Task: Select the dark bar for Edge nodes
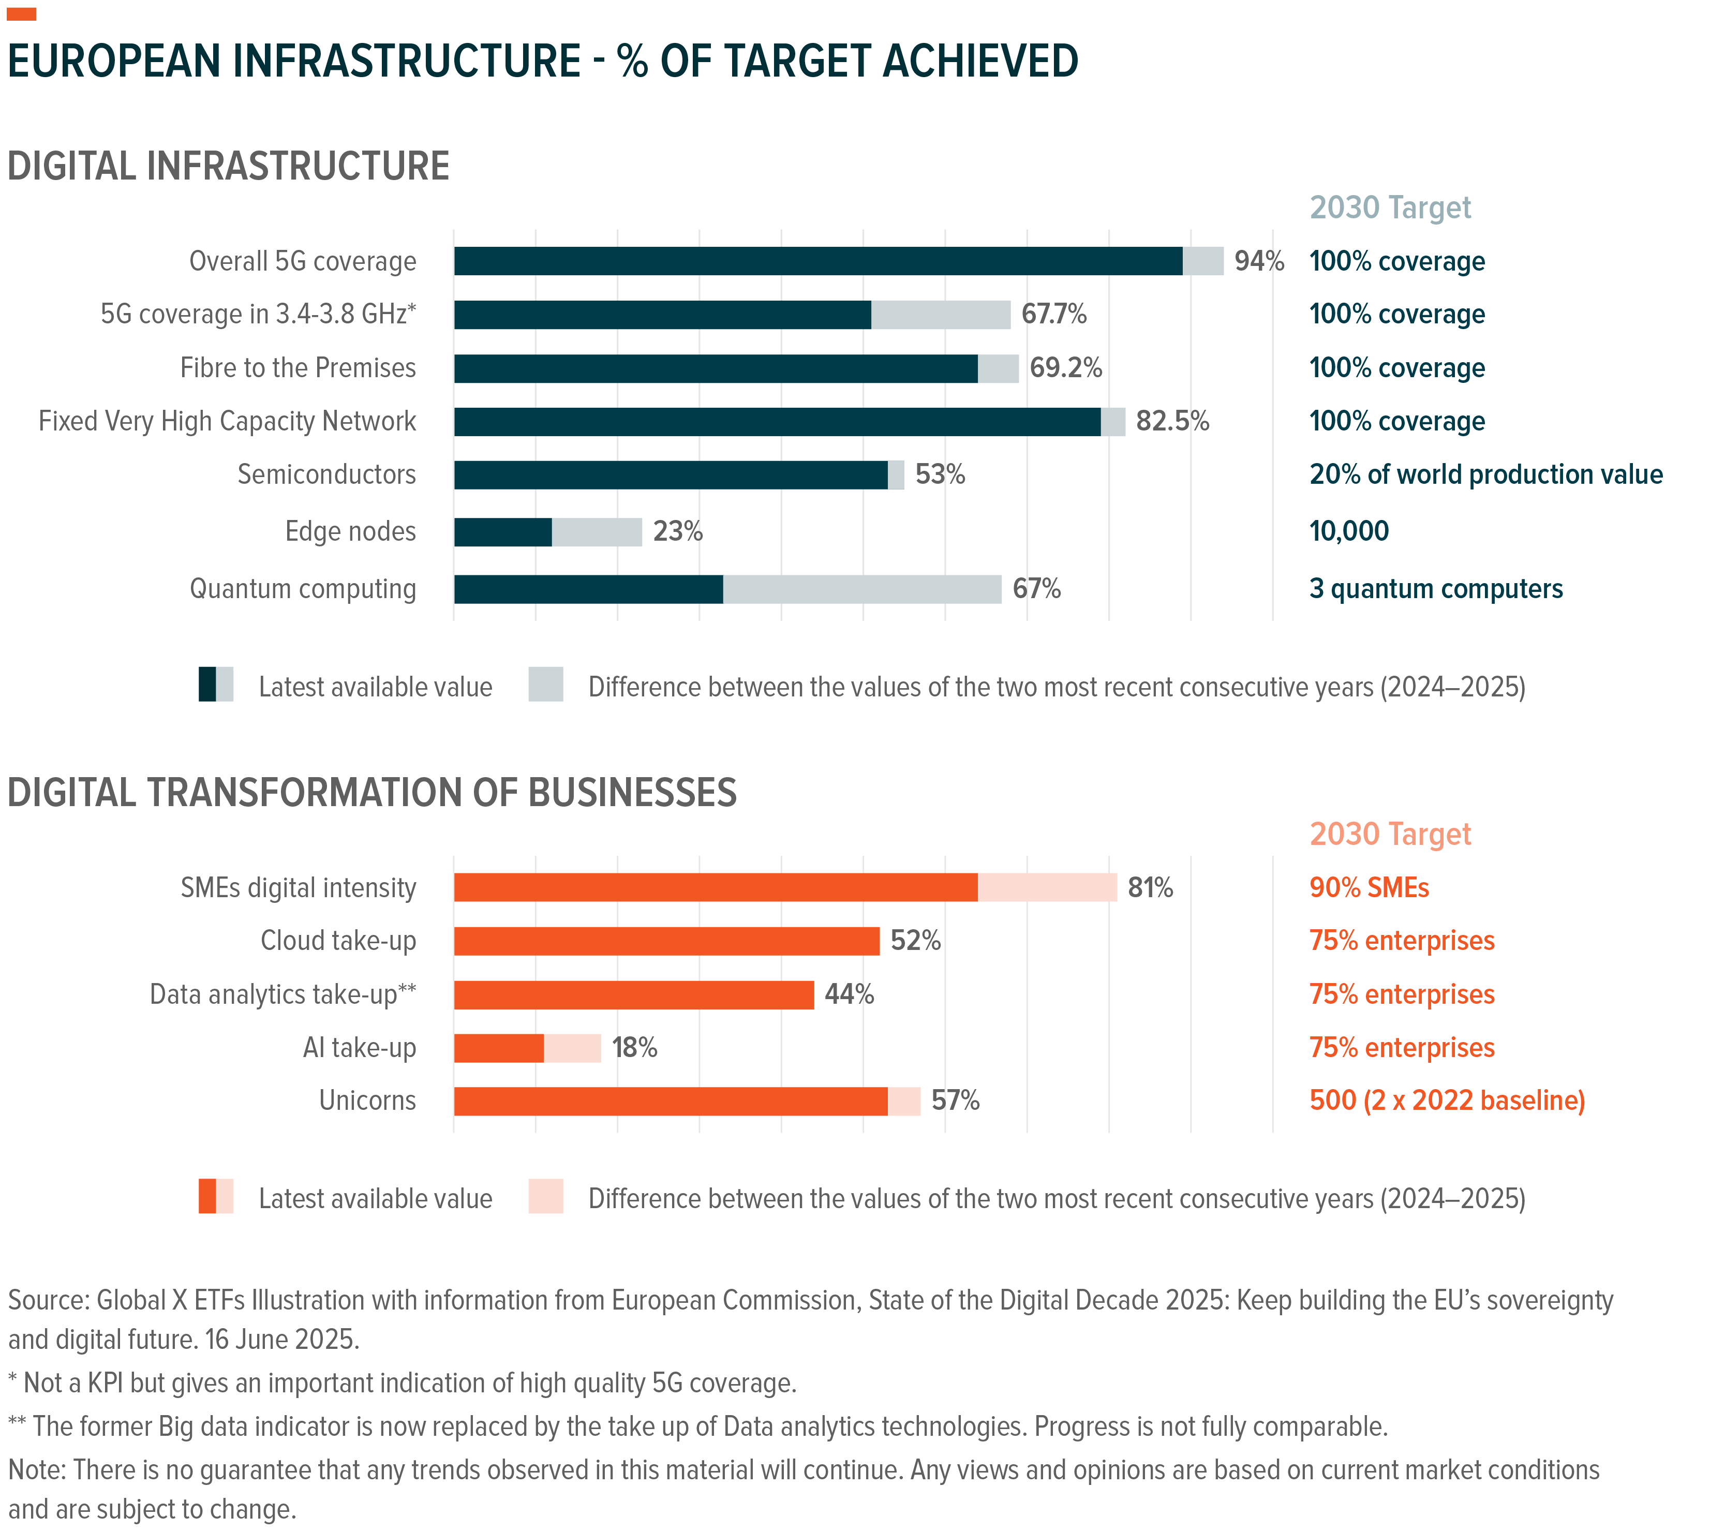coord(503,532)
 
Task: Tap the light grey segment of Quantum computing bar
coord(861,589)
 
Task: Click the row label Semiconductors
coord(326,474)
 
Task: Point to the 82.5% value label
coord(1172,421)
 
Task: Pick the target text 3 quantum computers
coord(1436,589)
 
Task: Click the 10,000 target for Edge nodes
coord(1349,532)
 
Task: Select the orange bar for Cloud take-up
coord(667,941)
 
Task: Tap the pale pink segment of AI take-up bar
coord(572,1048)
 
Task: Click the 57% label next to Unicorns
coord(955,1101)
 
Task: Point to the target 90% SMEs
coord(1369,888)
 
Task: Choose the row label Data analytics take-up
coord(282,995)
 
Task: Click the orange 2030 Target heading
coord(1390,834)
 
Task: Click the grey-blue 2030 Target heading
coord(1390,207)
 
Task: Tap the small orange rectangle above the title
coord(21,13)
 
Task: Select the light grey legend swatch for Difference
coord(546,685)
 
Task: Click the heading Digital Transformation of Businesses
coord(372,793)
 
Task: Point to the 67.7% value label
coord(1053,314)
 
